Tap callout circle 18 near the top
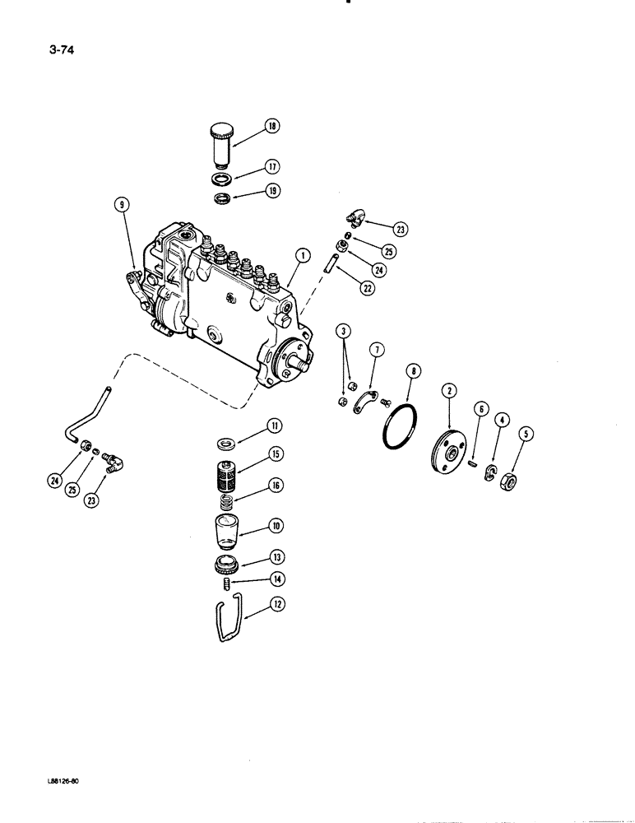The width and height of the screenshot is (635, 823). coord(271,126)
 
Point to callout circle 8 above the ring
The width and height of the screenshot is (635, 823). coord(414,372)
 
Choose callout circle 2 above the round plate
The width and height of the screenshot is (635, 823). coord(450,391)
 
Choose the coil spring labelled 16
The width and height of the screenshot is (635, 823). coord(226,500)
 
